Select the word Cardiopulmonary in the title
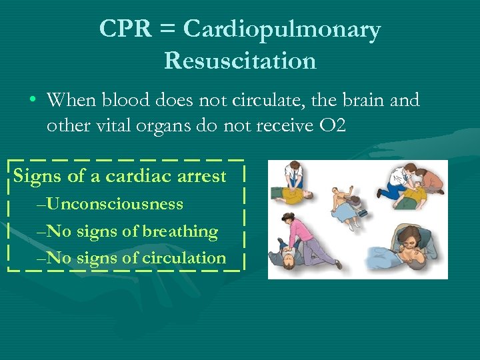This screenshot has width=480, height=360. [282, 29]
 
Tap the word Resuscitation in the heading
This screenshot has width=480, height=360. [240, 61]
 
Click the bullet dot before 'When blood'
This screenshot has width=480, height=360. [32, 101]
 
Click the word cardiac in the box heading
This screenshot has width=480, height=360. [137, 177]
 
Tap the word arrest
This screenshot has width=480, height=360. [202, 177]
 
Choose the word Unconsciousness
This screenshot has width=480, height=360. [115, 203]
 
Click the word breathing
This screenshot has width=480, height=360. [179, 231]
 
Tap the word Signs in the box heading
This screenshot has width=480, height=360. [37, 177]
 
